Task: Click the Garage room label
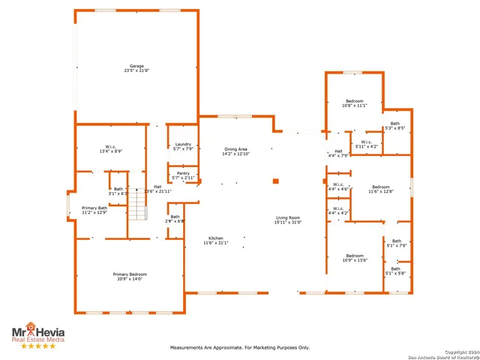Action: pos(136,68)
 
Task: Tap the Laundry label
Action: pos(183,146)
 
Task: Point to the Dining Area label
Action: pos(236,151)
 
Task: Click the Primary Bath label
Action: pos(94,210)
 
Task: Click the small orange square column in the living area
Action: pos(276,181)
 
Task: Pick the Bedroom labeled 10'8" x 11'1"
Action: pos(354,103)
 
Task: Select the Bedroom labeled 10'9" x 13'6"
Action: pos(354,257)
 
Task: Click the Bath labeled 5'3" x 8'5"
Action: pos(394,125)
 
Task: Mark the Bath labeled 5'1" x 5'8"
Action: pos(395,271)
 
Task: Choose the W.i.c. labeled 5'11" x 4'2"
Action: pos(366,144)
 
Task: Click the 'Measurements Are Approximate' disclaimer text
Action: pos(240,347)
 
